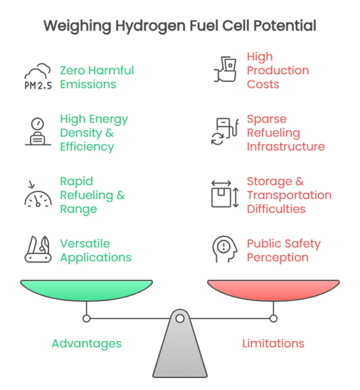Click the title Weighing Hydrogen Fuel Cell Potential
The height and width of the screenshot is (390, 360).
tap(180, 26)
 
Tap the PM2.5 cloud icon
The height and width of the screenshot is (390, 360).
tap(38, 76)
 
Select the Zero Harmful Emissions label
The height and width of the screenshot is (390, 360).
tap(97, 77)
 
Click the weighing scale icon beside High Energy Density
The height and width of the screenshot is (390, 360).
tap(38, 132)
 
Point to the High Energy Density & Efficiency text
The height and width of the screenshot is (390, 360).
tap(94, 133)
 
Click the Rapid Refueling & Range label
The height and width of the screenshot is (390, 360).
tap(92, 195)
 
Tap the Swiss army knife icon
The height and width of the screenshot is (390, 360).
tap(38, 249)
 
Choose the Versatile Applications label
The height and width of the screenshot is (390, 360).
tap(96, 251)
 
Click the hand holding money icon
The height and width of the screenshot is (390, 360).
tap(225, 70)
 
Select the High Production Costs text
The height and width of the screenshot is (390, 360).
tap(277, 70)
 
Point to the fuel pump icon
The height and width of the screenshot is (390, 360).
tap(225, 132)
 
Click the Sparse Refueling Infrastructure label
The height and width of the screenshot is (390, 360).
tap(286, 133)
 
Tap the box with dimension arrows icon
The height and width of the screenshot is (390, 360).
tap(225, 194)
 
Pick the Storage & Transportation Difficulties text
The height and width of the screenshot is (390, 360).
tap(289, 195)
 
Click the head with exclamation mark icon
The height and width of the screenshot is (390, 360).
tap(225, 249)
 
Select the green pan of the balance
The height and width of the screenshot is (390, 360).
tap(87, 290)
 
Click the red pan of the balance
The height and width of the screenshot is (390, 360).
tap(273, 290)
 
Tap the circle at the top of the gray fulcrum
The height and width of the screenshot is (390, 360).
tap(180, 318)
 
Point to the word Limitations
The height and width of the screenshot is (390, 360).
tap(273, 344)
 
